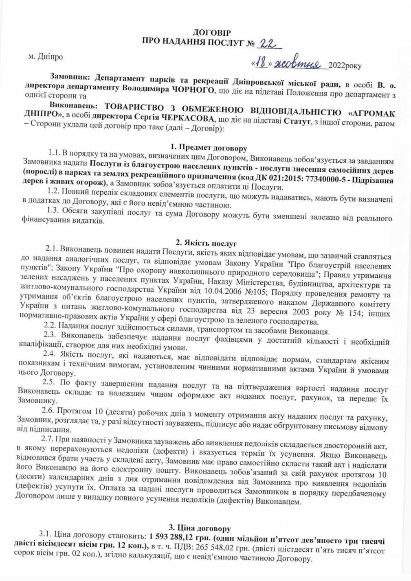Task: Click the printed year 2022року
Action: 345,65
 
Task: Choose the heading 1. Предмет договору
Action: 209,148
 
